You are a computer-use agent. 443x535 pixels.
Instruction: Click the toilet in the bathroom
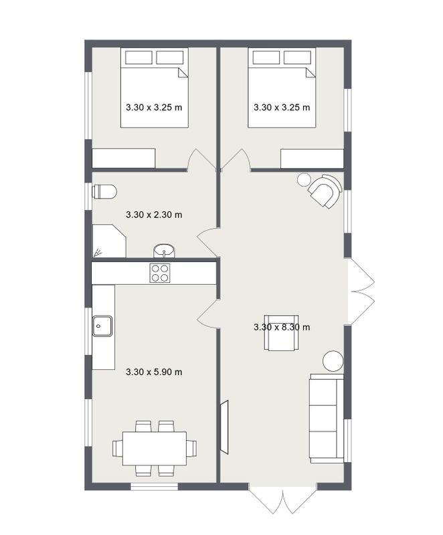(104, 192)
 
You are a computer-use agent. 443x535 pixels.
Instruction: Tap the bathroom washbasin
(164, 251)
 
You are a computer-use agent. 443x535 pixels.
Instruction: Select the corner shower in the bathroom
(109, 241)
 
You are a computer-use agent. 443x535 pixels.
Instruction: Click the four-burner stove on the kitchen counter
(160, 273)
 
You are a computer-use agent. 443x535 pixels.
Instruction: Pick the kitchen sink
(102, 326)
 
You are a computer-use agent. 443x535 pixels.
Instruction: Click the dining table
(155, 448)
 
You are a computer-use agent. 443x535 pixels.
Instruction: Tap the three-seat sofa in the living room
(327, 419)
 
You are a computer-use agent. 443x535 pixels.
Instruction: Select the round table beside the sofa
(333, 361)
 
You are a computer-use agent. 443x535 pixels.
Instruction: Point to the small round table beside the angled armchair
(304, 179)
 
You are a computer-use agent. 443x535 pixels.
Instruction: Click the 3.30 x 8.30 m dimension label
(282, 327)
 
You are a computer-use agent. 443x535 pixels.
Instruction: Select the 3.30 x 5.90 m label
(154, 372)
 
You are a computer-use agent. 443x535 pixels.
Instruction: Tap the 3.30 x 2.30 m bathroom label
(154, 215)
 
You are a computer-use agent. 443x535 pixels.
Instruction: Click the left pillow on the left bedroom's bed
(139, 58)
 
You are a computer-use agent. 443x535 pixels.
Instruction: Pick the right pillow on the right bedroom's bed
(297, 58)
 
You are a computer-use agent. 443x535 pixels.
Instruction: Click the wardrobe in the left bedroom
(124, 158)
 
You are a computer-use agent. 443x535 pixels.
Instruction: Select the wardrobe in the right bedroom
(312, 158)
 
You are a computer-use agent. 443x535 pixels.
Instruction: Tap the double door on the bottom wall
(282, 498)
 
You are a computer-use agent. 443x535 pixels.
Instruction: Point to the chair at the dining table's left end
(118, 448)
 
